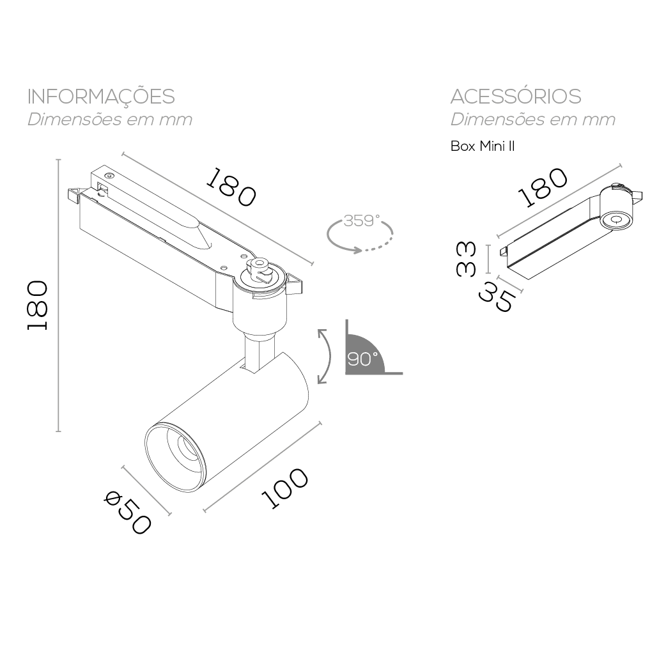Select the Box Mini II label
[483, 146]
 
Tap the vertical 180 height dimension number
[37, 305]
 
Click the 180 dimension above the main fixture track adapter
[231, 187]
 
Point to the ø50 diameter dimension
[127, 512]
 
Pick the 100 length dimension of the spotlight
[284, 488]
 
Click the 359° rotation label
[362, 221]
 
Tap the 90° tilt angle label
[362, 359]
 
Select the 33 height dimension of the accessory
[466, 259]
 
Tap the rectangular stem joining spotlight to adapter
[259, 354]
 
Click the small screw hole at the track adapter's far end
[109, 175]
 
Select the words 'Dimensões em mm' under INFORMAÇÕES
[109, 120]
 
